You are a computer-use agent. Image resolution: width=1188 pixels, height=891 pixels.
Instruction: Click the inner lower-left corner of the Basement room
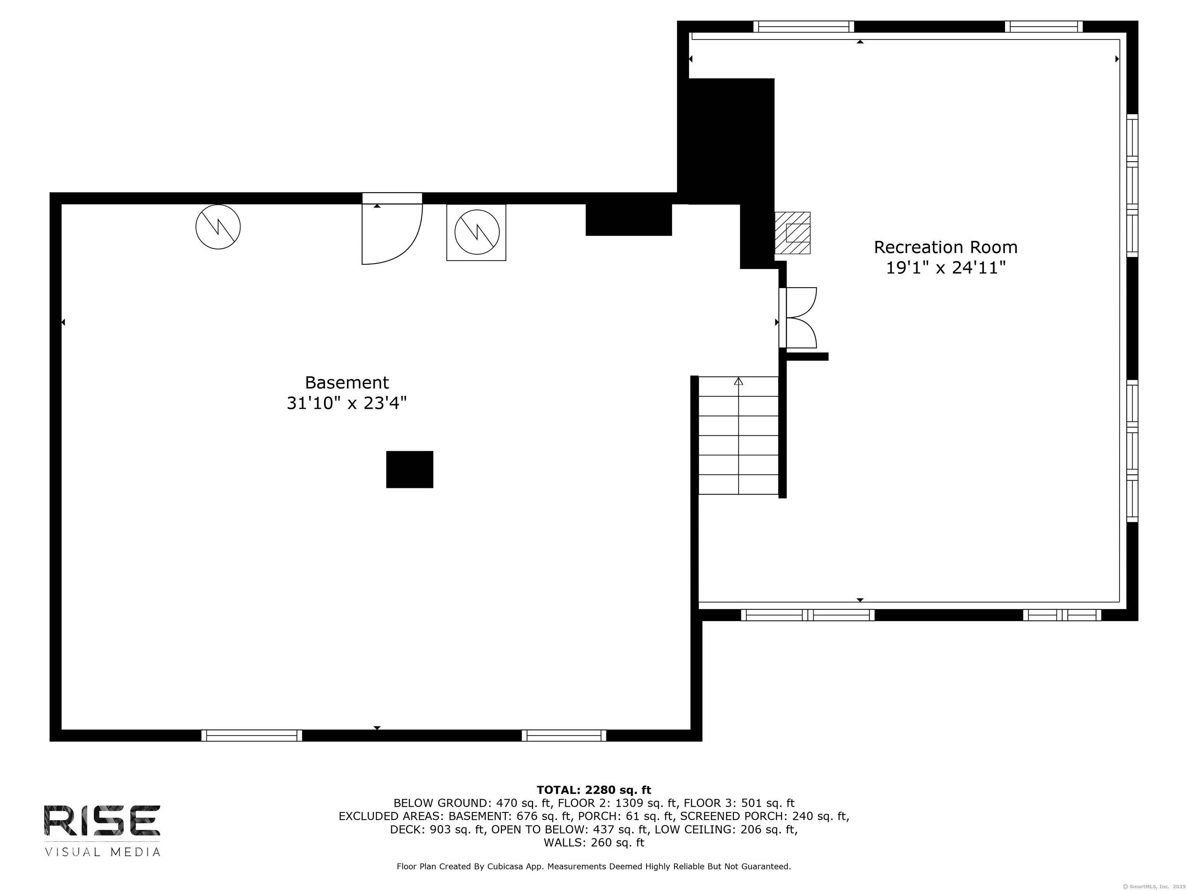[x=62, y=730]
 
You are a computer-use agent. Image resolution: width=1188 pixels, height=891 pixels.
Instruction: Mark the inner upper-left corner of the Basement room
[x=62, y=204]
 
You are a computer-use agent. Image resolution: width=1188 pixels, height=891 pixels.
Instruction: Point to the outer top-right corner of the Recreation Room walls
[x=1138, y=21]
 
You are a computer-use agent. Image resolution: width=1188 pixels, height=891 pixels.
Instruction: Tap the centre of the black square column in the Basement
[x=410, y=469]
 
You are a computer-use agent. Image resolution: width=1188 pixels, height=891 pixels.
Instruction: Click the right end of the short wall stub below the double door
[x=828, y=357]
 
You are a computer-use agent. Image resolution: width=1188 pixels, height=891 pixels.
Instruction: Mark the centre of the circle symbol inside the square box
[x=477, y=232]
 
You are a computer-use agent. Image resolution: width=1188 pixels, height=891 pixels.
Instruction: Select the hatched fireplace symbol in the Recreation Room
[x=792, y=232]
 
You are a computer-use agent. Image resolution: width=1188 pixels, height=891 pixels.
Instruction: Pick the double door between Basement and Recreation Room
[x=797, y=318]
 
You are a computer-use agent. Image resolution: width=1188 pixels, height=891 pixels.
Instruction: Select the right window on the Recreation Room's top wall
[x=1043, y=27]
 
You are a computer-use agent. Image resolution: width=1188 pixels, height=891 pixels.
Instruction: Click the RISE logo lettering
[x=102, y=820]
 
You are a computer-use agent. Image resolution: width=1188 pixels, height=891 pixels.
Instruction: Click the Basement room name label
[x=347, y=382]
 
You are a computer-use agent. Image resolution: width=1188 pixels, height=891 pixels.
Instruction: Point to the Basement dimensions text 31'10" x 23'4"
[x=347, y=403]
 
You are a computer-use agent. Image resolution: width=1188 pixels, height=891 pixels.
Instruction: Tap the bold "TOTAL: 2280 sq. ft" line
[x=594, y=790]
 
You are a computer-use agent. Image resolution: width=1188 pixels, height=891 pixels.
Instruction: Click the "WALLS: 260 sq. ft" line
[x=594, y=843]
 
